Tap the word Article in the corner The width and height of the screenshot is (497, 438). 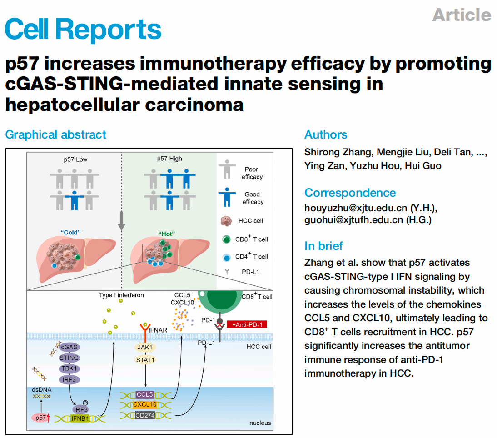[x=462, y=15]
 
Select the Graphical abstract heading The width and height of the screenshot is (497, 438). [x=55, y=134]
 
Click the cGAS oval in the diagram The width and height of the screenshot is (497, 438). [x=70, y=347]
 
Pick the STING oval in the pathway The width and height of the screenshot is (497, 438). [x=69, y=358]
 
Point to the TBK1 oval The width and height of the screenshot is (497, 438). [x=69, y=368]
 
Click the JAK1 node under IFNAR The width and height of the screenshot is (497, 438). [x=145, y=347]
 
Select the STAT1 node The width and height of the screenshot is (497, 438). [x=145, y=360]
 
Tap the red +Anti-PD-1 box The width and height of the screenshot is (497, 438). [x=248, y=324]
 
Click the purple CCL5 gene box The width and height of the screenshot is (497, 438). [x=145, y=394]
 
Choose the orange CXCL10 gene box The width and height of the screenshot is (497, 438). [x=145, y=404]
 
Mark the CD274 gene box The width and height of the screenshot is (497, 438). [x=145, y=415]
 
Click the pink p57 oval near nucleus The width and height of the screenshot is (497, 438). [x=41, y=418]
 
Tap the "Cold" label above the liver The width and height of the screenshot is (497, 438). [x=70, y=232]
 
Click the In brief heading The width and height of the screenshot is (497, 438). [x=323, y=246]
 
